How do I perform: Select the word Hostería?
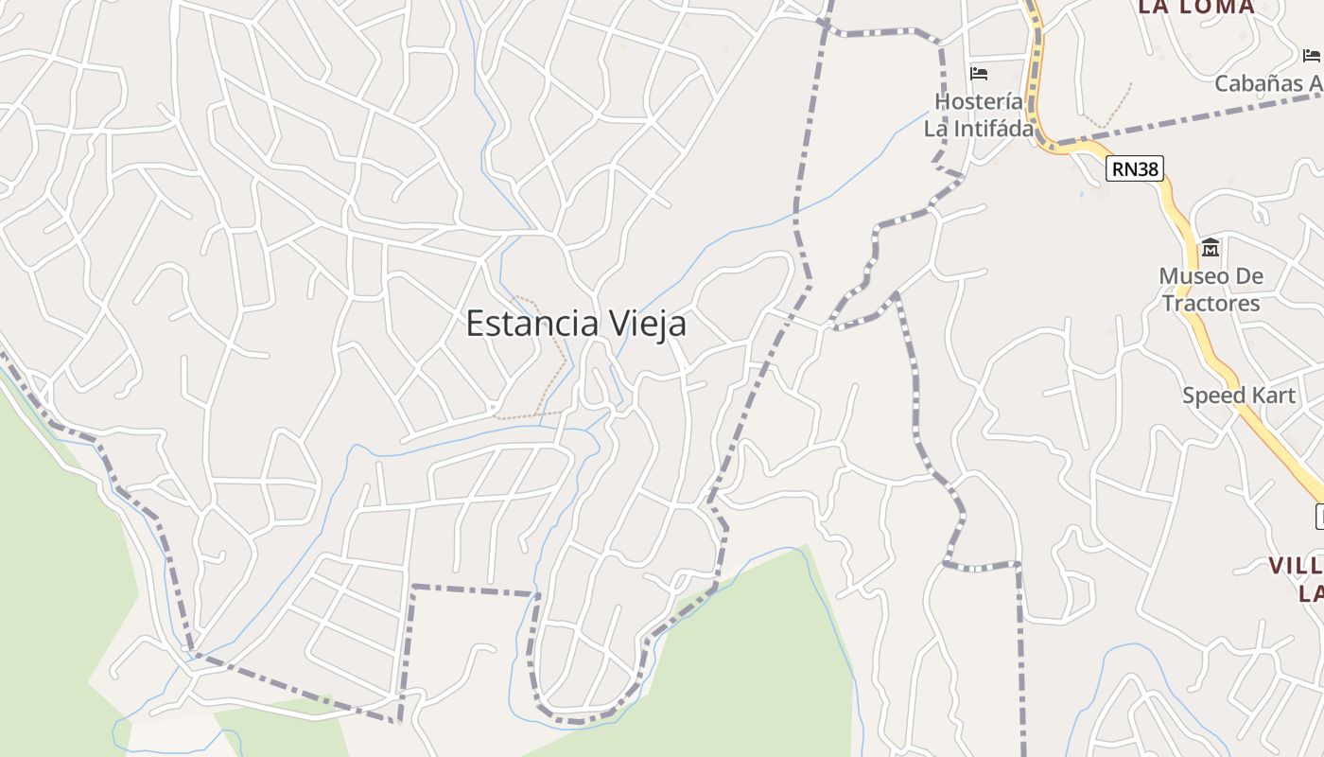click(x=979, y=101)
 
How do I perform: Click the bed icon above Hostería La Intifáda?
click(x=979, y=73)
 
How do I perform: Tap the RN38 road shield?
click(x=1135, y=168)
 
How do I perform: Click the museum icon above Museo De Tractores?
click(x=1211, y=248)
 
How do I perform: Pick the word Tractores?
click(x=1211, y=304)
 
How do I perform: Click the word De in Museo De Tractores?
click(x=1248, y=276)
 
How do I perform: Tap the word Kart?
click(x=1275, y=396)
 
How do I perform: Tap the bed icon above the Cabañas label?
click(x=1312, y=56)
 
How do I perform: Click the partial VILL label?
click(x=1295, y=566)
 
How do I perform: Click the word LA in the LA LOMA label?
click(x=1157, y=8)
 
